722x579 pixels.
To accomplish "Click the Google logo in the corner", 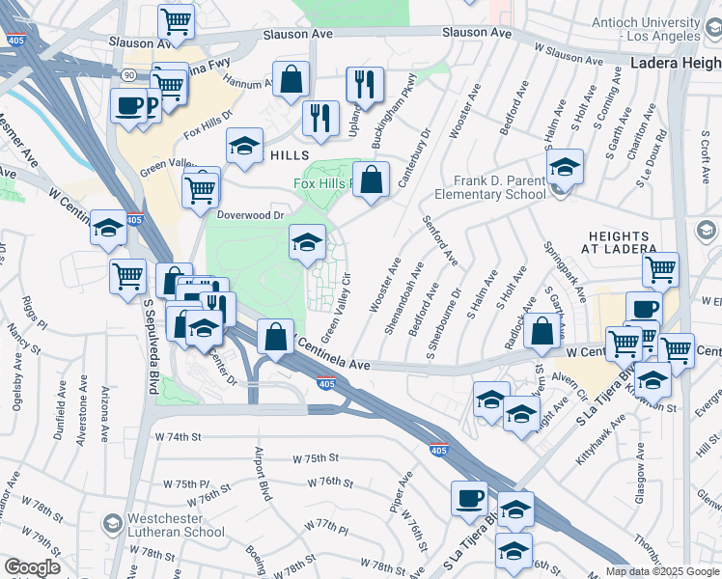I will pyautogui.click(x=32, y=567).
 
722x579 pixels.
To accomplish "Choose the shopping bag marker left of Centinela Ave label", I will pyautogui.click(x=276, y=337).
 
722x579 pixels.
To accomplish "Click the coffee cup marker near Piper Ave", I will pyautogui.click(x=470, y=497).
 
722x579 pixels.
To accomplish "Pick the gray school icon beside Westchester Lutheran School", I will pyautogui.click(x=113, y=524).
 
